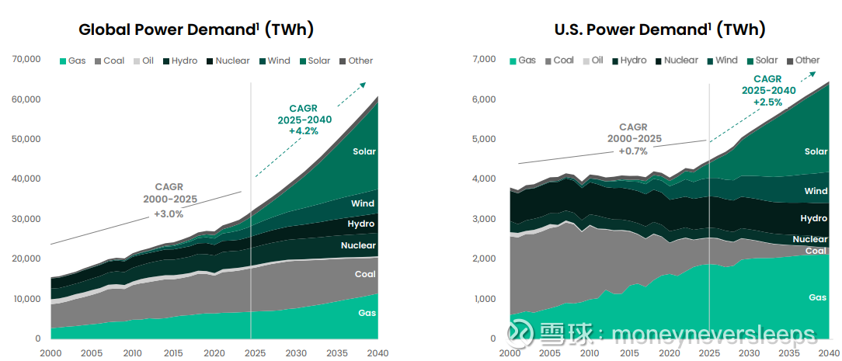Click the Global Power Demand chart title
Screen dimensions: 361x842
coord(196,30)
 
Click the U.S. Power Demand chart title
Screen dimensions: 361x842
coord(659,30)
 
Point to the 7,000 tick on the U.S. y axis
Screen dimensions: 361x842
coord(484,59)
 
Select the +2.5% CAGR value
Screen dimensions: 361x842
coord(769,102)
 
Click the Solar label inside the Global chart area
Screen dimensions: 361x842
coord(364,151)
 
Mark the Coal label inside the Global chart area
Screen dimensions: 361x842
coord(365,274)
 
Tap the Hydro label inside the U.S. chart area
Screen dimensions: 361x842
coord(814,219)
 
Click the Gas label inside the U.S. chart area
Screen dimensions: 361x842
coord(817,297)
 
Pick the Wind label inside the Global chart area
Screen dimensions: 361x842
coord(363,203)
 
